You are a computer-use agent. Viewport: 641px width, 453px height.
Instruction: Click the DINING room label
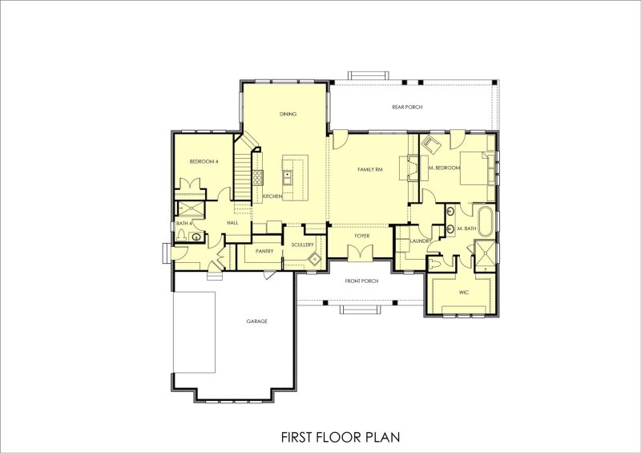[288, 114]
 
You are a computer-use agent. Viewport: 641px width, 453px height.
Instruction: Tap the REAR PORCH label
[407, 107]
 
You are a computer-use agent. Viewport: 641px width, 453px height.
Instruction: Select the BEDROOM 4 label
[204, 162]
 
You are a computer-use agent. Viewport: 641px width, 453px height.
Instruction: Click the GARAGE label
[256, 322]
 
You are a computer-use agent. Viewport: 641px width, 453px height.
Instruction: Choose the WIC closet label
[463, 293]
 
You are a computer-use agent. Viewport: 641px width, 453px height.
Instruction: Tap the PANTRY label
[265, 251]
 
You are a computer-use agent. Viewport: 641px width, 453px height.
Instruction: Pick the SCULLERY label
[302, 245]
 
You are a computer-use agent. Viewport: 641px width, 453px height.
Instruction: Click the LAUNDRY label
[421, 241]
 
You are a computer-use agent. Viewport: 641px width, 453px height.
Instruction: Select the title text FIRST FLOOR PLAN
[340, 437]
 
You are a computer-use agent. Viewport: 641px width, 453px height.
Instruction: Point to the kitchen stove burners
[259, 176]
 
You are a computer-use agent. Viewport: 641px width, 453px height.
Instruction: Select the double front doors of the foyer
[359, 253]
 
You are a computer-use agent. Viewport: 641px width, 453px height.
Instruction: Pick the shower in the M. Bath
[484, 258]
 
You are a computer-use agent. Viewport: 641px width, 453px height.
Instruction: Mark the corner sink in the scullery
[316, 258]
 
